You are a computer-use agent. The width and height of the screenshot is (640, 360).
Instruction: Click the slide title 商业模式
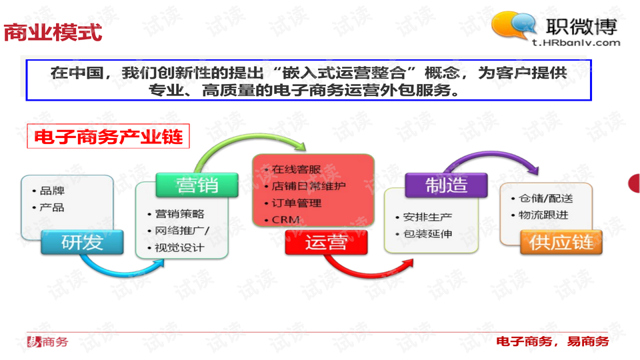click(53, 32)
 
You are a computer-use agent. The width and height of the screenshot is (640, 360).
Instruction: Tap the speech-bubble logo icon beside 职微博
click(513, 25)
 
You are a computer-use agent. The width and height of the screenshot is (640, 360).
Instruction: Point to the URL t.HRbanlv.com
click(576, 43)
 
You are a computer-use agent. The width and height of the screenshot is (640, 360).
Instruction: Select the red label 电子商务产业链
click(108, 136)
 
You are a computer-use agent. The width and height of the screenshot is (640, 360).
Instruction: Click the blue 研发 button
click(82, 243)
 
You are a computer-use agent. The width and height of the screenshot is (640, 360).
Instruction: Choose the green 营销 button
click(197, 185)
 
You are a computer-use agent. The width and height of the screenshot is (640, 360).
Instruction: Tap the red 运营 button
click(326, 243)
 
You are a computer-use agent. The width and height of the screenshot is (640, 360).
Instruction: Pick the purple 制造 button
click(446, 185)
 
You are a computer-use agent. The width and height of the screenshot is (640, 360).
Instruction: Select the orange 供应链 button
click(561, 243)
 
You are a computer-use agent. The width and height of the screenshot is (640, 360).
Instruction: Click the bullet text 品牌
click(52, 191)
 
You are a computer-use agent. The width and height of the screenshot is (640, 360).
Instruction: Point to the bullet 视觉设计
click(179, 248)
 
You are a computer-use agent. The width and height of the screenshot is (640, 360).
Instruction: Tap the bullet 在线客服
click(296, 169)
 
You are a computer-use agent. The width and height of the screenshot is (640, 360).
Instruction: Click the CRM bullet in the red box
click(285, 220)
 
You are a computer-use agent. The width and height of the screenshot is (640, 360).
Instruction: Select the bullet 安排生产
click(427, 217)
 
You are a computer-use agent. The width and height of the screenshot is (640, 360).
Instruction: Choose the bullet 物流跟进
click(543, 215)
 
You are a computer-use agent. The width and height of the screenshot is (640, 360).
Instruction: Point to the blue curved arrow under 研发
click(123, 271)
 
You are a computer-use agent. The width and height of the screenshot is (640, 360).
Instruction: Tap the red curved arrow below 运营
click(367, 274)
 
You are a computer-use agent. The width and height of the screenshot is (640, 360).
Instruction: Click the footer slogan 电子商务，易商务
click(553, 341)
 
